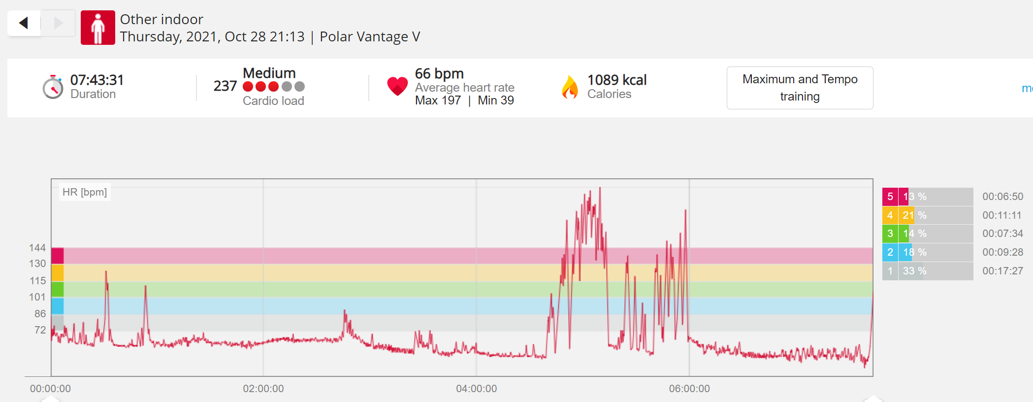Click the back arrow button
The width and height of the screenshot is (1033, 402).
[24, 23]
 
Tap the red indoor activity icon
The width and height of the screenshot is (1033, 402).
[98, 28]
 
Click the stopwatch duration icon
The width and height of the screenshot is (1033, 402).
[53, 87]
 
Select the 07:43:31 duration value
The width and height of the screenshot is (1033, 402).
[97, 80]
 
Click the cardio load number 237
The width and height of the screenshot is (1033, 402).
[225, 86]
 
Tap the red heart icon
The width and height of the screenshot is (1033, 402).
[397, 86]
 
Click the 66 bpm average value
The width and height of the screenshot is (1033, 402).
[439, 73]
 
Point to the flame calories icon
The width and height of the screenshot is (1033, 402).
[570, 87]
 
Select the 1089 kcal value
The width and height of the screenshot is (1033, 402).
[617, 80]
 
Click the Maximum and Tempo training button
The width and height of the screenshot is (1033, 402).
[800, 88]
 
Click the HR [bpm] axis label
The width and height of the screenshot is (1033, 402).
[85, 192]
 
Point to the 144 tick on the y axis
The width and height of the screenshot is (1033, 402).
[37, 248]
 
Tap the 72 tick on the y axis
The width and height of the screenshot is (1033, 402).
[40, 330]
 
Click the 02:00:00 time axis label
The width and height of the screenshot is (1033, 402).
[263, 389]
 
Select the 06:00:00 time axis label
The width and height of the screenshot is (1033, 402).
[689, 389]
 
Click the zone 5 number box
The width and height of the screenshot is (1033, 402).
[890, 197]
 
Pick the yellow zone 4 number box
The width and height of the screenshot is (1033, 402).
[890, 215]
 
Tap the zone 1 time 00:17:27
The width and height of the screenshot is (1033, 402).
[1002, 271]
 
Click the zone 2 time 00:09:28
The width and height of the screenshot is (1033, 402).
[1002, 252]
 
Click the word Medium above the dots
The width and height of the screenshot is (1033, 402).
[269, 73]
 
